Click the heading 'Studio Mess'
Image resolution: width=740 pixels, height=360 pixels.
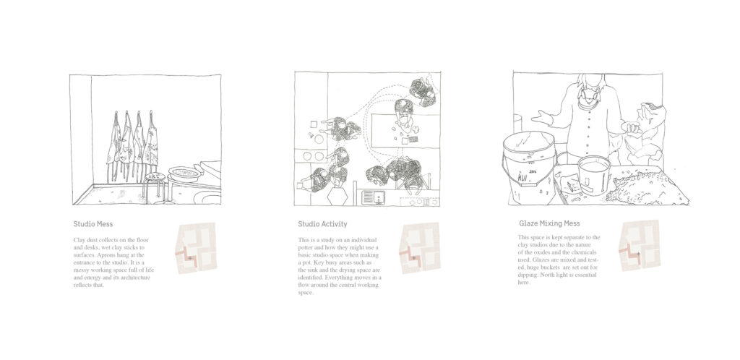(93, 224)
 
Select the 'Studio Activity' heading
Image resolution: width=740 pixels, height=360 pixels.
(322, 224)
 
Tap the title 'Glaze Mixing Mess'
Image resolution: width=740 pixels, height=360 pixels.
(549, 223)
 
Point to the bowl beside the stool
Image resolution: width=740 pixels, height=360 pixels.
(185, 173)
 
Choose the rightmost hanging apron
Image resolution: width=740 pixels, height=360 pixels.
(150, 140)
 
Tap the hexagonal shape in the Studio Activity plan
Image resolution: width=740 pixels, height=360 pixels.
(338, 196)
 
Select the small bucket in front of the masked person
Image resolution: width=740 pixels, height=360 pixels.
(594, 174)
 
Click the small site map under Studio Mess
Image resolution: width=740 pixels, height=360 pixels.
(195, 248)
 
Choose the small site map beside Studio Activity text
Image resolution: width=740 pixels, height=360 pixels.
(420, 248)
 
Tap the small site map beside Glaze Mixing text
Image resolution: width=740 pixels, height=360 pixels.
(640, 245)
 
